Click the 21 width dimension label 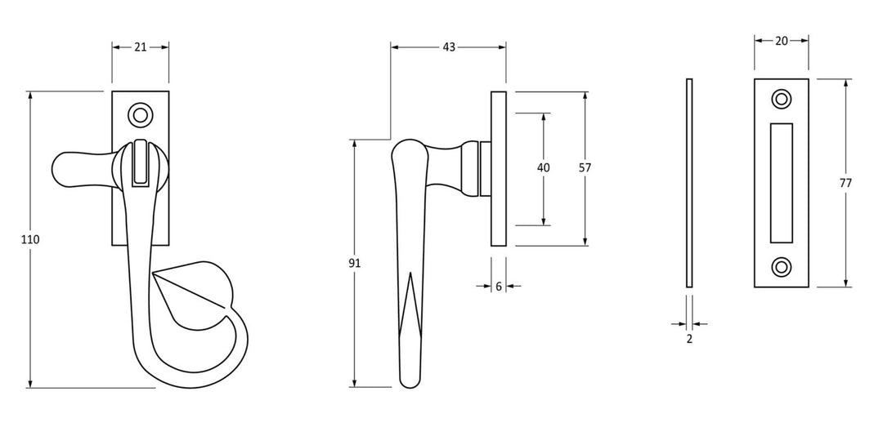click(x=141, y=47)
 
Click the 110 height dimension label click(x=30, y=240)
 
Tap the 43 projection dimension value click(x=448, y=47)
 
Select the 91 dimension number click(x=354, y=263)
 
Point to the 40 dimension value click(x=544, y=167)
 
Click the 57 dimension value click(x=585, y=167)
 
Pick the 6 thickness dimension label click(x=499, y=287)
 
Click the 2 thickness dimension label click(x=689, y=339)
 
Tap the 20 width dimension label click(x=781, y=41)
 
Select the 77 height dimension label click(x=845, y=183)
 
